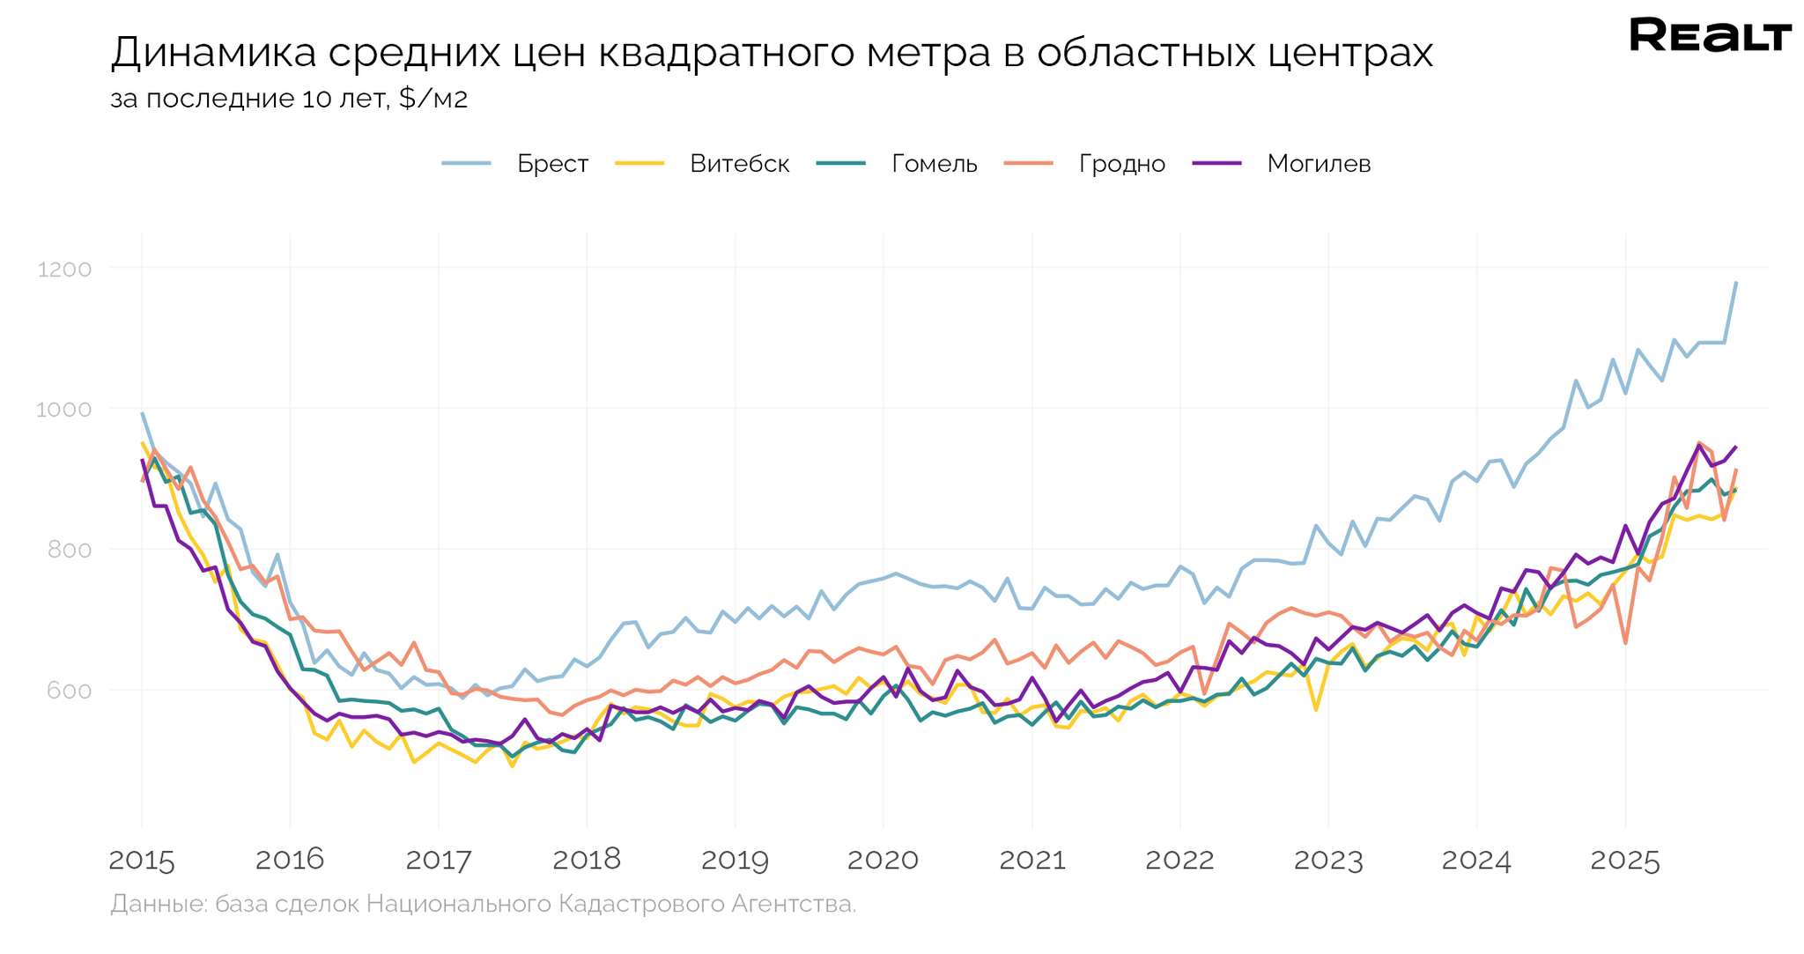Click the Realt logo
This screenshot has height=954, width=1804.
point(1710,36)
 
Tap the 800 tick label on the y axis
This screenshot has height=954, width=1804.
point(69,550)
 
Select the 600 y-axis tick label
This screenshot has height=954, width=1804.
point(69,691)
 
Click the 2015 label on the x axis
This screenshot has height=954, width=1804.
point(142,861)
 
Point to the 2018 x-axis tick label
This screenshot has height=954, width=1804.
point(587,861)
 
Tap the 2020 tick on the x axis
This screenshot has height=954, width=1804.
point(883,861)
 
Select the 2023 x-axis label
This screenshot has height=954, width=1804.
point(1328,861)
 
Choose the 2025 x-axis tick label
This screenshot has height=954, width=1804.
point(1624,861)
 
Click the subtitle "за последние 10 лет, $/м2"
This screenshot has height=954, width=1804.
point(289,99)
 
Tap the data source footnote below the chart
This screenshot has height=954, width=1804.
point(483,904)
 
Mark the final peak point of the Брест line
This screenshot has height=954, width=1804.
point(1735,283)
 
